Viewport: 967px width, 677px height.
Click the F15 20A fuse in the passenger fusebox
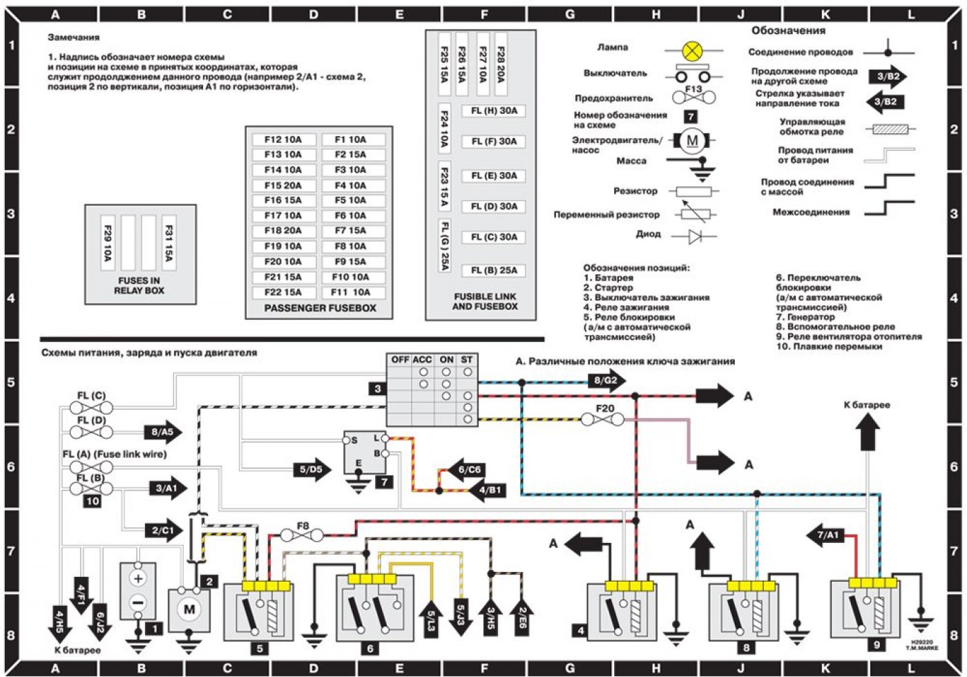click(x=283, y=185)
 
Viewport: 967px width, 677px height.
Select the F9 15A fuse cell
click(x=351, y=262)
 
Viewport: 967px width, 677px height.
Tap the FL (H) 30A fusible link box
click(x=494, y=111)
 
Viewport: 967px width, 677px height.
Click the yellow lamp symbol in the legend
click(x=692, y=50)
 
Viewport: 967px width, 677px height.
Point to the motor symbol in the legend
click(x=692, y=142)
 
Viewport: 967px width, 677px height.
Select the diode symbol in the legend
click(x=703, y=237)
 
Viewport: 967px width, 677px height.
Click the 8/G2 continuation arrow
click(x=606, y=380)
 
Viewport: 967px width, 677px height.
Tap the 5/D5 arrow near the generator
click(x=312, y=470)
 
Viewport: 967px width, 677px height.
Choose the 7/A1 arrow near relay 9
click(x=827, y=535)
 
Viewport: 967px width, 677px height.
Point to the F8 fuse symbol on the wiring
click(x=303, y=535)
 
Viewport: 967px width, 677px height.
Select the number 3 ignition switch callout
click(x=377, y=389)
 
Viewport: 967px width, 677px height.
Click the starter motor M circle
click(x=189, y=609)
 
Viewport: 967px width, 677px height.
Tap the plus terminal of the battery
click(x=138, y=579)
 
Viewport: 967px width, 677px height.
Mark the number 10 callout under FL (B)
click(x=93, y=502)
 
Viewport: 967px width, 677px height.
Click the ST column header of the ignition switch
click(x=468, y=360)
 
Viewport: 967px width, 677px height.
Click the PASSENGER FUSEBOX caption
click(x=320, y=308)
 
